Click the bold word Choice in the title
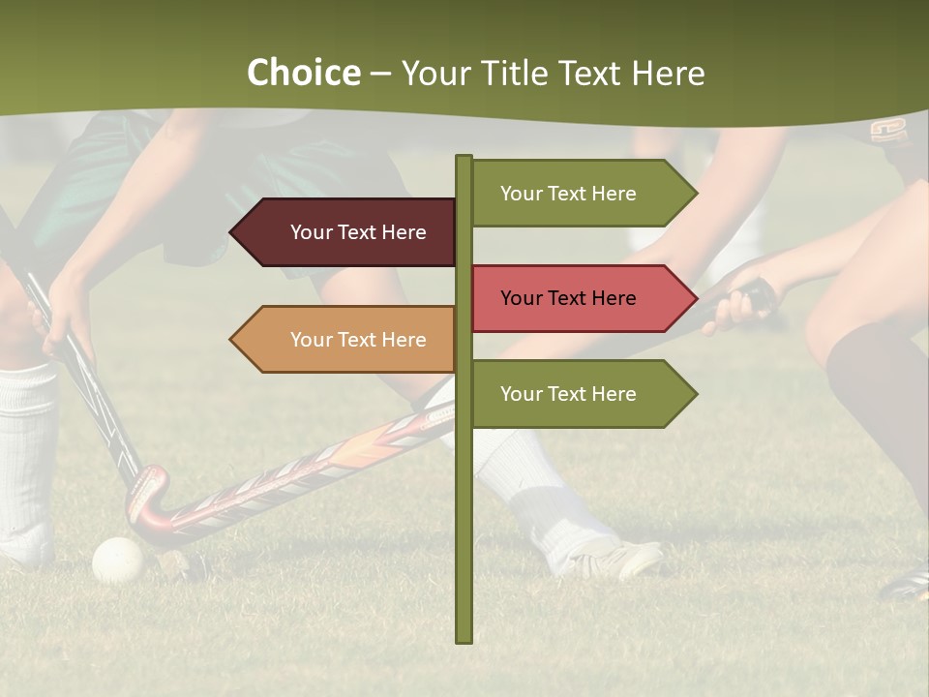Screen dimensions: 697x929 point(303,73)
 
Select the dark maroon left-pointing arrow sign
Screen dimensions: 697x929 point(348,232)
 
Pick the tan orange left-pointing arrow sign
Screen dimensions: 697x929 point(348,340)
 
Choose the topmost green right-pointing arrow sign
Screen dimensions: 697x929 point(576,193)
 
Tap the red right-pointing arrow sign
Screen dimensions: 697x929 point(576,298)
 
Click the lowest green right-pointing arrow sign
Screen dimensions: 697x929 point(576,393)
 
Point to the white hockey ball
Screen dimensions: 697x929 point(117,560)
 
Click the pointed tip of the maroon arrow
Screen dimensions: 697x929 point(232,232)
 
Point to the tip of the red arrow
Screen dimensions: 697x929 point(695,298)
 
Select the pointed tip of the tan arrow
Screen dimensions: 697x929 point(232,340)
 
